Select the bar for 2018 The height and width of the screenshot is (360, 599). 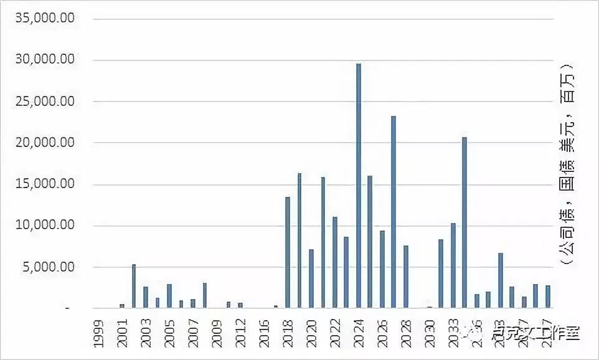[x=288, y=252]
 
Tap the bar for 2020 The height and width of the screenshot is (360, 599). [x=311, y=278]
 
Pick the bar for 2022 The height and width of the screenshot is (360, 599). [x=335, y=262]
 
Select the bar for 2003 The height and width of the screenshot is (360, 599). [x=146, y=297]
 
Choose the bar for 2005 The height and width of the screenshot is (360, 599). [x=169, y=296]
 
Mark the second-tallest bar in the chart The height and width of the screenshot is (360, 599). [x=394, y=212]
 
